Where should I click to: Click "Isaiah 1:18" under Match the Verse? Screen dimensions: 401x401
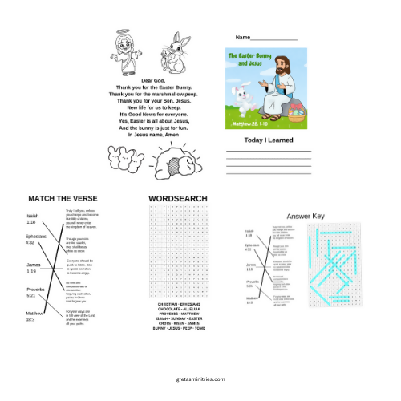32,219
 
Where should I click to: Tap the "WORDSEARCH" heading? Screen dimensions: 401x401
177,198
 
